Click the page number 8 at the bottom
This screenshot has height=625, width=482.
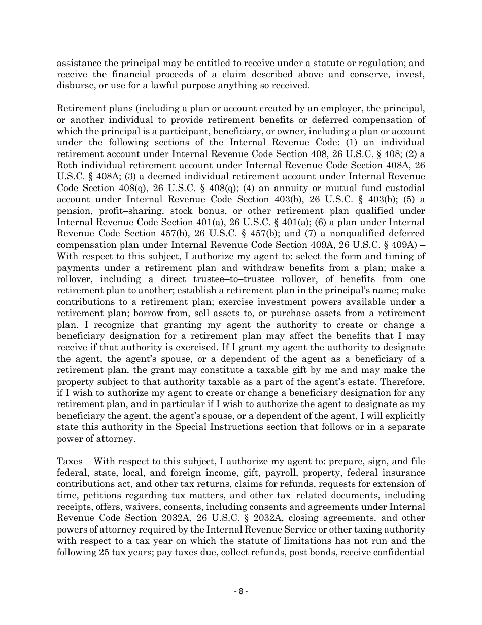click(241, 591)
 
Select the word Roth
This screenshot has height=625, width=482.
click(67, 165)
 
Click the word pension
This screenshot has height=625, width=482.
click(74, 211)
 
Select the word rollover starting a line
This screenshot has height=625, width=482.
click(74, 279)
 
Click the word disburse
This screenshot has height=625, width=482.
click(74, 85)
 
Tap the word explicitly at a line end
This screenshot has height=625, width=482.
click(403, 415)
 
